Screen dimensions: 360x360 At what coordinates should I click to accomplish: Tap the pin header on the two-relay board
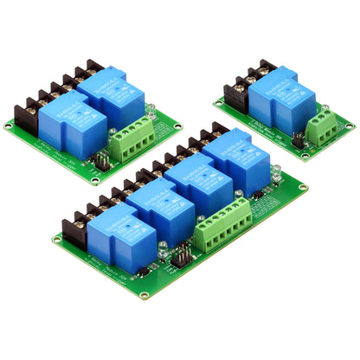[x=100, y=161]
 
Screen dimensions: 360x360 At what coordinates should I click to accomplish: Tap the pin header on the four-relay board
[x=183, y=256]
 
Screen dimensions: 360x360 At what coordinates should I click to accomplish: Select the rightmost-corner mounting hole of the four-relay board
[x=303, y=184]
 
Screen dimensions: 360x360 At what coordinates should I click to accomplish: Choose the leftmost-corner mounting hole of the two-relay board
[x=8, y=126]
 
